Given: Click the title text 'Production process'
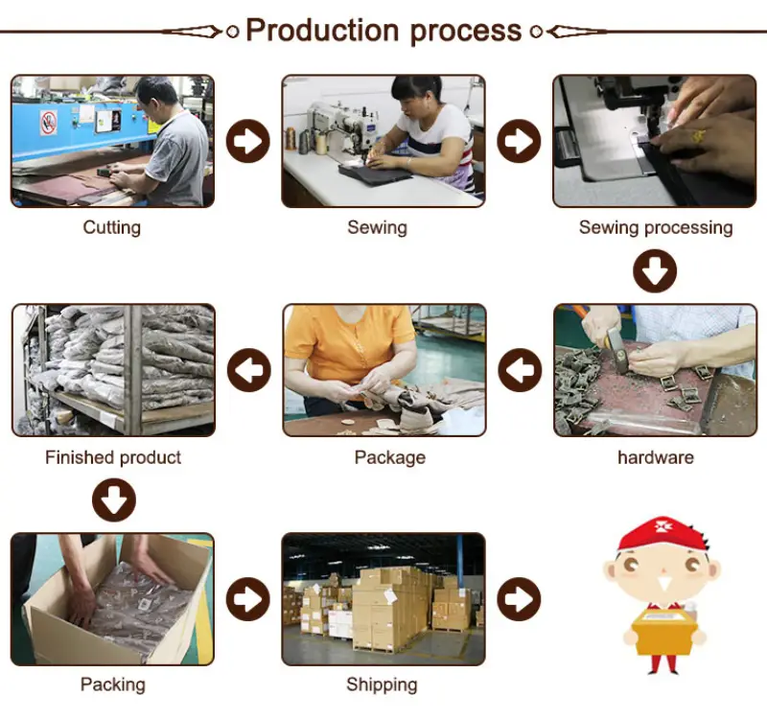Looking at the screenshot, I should pos(383,30).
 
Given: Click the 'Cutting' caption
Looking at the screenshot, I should pos(112,227).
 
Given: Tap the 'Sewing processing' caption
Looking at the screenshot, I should pos(655,227).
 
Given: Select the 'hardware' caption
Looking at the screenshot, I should pos(655,457).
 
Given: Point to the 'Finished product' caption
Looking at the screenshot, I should pos(113,457).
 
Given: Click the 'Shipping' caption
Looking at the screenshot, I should pos(382,684).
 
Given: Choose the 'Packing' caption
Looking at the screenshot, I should pos(112,684).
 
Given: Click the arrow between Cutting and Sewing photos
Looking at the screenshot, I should pos(248,142).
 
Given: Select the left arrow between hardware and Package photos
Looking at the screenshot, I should pos(520,370).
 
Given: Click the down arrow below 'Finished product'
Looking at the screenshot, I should pos(113,499).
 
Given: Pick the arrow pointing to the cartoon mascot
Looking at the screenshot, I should pos(520,598).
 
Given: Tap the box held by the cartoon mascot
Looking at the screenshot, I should pos(662,632).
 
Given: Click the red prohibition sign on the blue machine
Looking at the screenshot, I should pos(48,122).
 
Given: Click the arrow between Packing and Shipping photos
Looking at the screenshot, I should pos(248,598).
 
